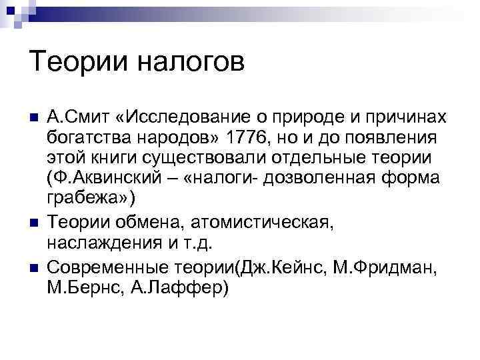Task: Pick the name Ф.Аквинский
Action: point(111,179)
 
